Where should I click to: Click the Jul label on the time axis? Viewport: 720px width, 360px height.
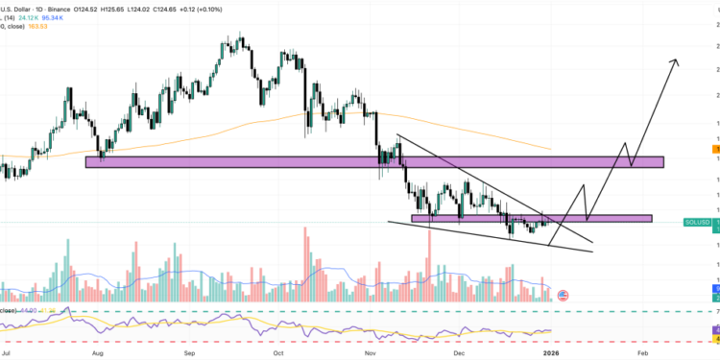[x=7, y=353]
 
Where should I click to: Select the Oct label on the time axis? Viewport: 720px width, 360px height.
[x=278, y=353]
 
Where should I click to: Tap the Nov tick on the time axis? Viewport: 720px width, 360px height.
[x=372, y=353]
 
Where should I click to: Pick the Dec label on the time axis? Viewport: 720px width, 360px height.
[x=461, y=353]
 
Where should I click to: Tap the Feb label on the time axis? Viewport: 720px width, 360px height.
[x=642, y=353]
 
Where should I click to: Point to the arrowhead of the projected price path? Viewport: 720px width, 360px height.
[x=676, y=62]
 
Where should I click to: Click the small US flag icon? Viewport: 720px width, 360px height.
[x=564, y=295]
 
